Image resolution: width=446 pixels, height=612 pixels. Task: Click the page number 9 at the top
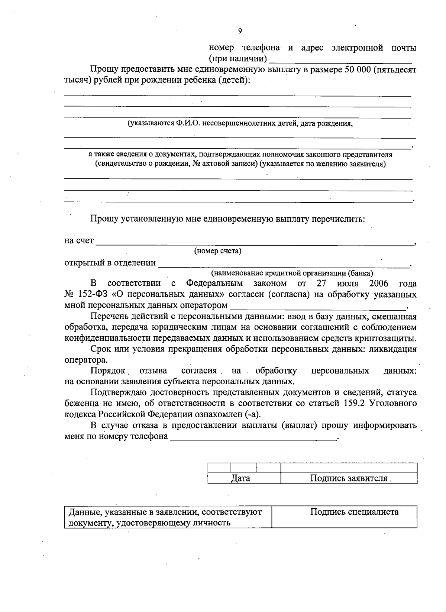point(240,31)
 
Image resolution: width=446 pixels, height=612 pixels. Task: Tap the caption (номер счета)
point(218,251)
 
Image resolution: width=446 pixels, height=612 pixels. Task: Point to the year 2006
point(379,284)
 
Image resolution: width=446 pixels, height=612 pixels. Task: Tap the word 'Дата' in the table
point(240,478)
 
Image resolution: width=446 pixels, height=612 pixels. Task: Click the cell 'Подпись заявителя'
point(349,478)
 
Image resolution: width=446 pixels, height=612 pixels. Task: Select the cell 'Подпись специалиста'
point(354,512)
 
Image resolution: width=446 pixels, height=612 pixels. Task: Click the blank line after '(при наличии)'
point(340,61)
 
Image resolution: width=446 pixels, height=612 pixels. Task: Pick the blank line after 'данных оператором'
point(318,307)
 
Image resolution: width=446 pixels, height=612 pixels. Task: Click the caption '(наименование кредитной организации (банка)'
point(292,273)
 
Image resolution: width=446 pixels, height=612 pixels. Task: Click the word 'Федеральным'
point(214,284)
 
